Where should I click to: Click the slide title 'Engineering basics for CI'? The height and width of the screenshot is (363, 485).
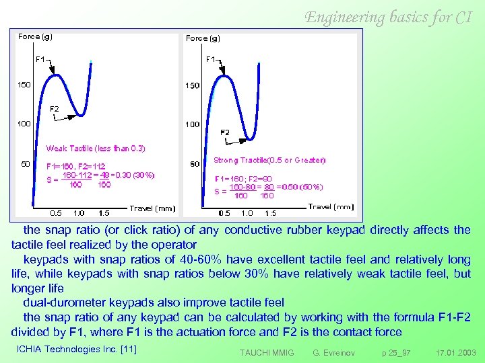[x=389, y=17]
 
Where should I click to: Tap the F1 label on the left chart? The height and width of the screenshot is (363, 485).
[x=40, y=59]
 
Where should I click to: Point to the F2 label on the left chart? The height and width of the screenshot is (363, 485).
[x=55, y=109]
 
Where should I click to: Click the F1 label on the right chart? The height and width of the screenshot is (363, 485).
[x=211, y=59]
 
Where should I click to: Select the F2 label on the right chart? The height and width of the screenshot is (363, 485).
[x=225, y=132]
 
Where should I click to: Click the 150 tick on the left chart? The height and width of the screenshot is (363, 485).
[x=24, y=85]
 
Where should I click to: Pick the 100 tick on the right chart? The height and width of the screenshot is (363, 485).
[x=193, y=124]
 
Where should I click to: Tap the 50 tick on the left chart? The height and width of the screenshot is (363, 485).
[x=24, y=163]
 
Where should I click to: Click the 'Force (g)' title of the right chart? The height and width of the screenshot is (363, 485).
[x=203, y=38]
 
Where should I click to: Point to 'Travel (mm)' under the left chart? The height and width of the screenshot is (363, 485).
[x=152, y=208]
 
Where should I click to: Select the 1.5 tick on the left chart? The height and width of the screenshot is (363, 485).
[x=104, y=213]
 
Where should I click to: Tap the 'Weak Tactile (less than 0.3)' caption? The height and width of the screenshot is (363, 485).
[x=95, y=148]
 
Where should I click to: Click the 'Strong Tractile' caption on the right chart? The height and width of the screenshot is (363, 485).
[x=269, y=160]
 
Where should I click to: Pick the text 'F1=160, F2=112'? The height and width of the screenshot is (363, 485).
[x=75, y=165]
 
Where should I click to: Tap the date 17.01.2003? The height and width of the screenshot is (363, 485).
[x=455, y=352]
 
